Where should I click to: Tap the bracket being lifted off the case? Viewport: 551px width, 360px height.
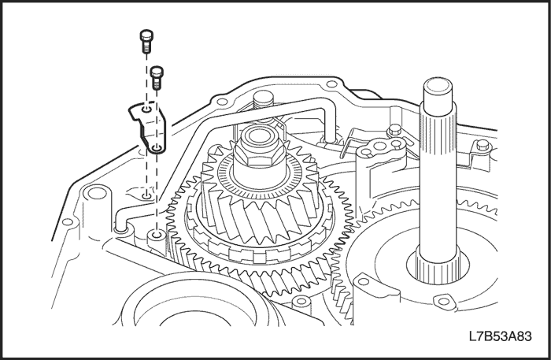pyautogui.click(x=146, y=127)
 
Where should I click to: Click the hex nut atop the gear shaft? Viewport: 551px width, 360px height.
pyautogui.click(x=257, y=145)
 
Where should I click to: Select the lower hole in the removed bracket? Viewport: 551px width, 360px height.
pyautogui.click(x=157, y=147)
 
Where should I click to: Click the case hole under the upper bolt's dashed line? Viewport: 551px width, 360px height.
pyautogui.click(x=146, y=192)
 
